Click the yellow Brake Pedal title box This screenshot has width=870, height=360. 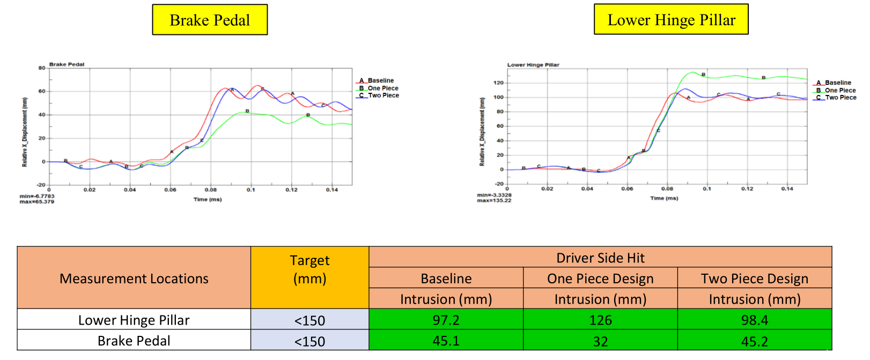pyautogui.click(x=210, y=20)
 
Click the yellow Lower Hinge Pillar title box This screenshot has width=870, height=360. pyautogui.click(x=670, y=19)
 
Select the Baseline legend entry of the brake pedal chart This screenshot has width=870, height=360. pyautogui.click(x=380, y=80)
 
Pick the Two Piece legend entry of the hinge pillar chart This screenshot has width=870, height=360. pyautogui.click(x=840, y=98)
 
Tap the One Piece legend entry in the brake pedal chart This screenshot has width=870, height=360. pyautogui.click(x=382, y=88)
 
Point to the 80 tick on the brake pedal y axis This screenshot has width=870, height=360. pyautogui.click(x=42, y=68)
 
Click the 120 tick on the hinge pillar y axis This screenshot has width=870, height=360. pyautogui.click(x=498, y=83)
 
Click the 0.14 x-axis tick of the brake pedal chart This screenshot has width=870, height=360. pyautogui.click(x=332, y=190)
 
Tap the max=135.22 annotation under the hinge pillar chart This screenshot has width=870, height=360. pyautogui.click(x=494, y=201)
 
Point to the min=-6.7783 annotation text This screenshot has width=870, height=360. pyautogui.click(x=37, y=196)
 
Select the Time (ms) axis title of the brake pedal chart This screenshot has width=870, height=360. pyautogui.click(x=208, y=200)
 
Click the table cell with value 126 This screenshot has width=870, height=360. pyautogui.click(x=600, y=320)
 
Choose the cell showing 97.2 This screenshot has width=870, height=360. pyautogui.click(x=446, y=320)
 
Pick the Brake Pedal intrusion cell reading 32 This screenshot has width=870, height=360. pyautogui.click(x=600, y=341)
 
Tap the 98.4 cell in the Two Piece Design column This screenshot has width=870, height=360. pyautogui.click(x=754, y=320)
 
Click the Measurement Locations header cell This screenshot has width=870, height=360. pyautogui.click(x=134, y=278)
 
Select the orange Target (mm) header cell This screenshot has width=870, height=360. pyautogui.click(x=309, y=270)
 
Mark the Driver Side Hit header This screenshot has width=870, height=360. pyautogui.click(x=600, y=258)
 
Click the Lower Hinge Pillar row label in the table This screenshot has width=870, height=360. pyautogui.click(x=134, y=320)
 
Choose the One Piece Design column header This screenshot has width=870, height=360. pyautogui.click(x=600, y=278)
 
